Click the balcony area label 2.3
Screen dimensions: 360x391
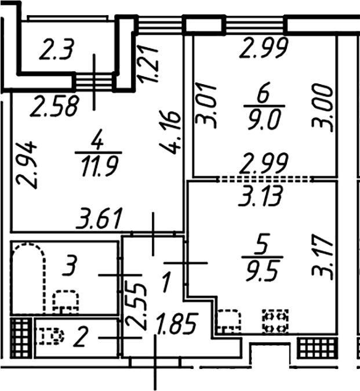point(57,50)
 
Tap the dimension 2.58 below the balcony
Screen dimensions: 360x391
point(54,107)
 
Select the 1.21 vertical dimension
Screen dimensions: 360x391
point(149,64)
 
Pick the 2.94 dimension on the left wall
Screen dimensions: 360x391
point(26,165)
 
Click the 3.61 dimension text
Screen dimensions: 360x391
point(100,219)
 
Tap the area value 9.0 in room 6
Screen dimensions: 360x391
point(264,121)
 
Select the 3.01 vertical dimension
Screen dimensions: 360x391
point(205,106)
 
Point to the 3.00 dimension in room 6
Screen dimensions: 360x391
point(322,107)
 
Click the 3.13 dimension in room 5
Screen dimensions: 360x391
point(260,196)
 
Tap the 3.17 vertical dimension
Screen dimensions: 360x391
point(322,256)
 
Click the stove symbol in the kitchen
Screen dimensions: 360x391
point(275,321)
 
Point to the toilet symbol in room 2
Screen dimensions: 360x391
point(50,336)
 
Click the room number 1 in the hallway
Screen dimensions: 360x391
point(166,283)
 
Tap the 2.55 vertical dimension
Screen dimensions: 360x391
point(136,306)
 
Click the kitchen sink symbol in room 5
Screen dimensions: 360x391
point(229,321)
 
